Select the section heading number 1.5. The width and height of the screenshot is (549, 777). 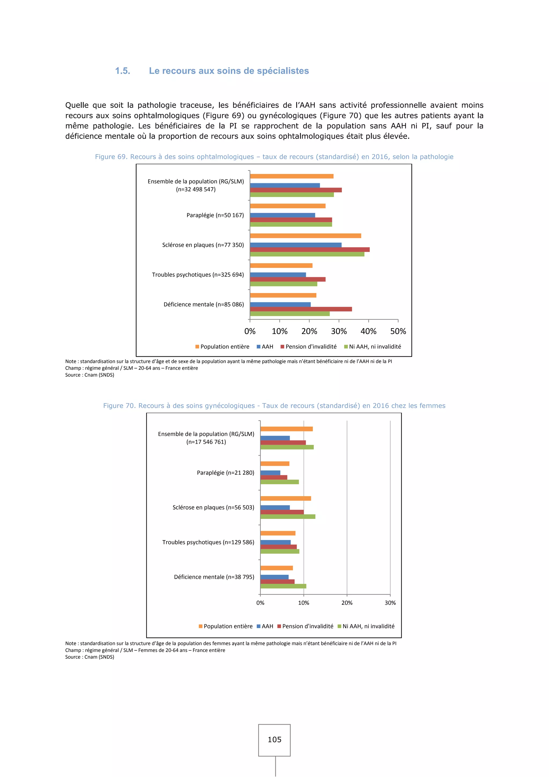[x=123, y=71]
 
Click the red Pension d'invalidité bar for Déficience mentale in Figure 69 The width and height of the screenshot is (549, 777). [x=301, y=309]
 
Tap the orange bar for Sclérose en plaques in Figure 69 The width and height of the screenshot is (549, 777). [x=305, y=236]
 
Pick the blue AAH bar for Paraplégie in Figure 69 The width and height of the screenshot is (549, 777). [x=282, y=215]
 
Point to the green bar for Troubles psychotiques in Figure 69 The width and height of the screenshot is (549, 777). [x=283, y=284]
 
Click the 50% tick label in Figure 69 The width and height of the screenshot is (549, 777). [x=398, y=331]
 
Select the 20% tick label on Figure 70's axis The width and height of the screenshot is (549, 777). [x=347, y=603]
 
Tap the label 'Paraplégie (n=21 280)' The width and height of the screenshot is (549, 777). [x=225, y=472]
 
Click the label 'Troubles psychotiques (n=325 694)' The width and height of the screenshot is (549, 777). [x=198, y=274]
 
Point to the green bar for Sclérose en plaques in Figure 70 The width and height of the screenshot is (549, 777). [x=288, y=516]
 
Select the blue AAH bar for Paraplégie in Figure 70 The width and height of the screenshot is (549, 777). [x=270, y=473]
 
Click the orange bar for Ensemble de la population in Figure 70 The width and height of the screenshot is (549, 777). [x=286, y=429]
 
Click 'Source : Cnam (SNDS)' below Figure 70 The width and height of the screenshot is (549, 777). [x=90, y=657]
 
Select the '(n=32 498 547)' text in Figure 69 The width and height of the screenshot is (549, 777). [x=196, y=189]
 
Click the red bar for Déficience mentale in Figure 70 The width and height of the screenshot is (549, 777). [x=277, y=581]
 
